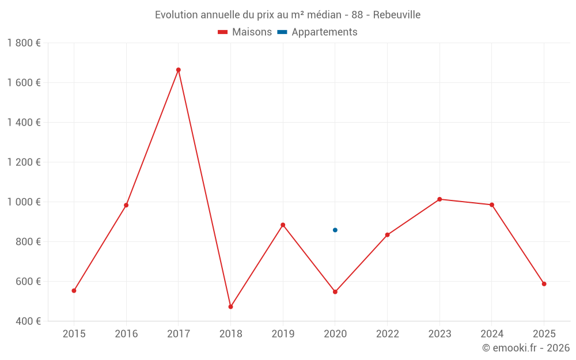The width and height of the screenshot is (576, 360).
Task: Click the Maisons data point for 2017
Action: tap(179, 70)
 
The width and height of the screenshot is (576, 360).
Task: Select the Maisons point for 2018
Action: tap(230, 306)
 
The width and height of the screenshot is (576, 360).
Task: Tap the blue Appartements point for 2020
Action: tap(335, 230)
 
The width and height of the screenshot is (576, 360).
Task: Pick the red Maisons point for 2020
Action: tap(335, 291)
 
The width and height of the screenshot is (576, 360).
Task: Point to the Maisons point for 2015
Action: tap(74, 290)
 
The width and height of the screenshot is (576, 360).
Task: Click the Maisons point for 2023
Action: tap(439, 199)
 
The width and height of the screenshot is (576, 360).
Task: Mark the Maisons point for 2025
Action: tap(544, 283)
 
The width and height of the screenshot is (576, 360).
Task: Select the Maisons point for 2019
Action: tap(283, 225)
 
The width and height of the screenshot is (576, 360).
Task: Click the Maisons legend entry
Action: tap(245, 32)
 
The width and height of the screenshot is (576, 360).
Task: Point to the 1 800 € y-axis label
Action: tap(24, 43)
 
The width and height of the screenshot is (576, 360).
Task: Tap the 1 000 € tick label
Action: tap(24, 202)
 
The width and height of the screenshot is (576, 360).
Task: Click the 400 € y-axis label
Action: tap(27, 321)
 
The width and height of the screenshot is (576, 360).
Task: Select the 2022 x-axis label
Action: tap(387, 334)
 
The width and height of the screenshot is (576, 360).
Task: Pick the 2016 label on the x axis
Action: tap(126, 334)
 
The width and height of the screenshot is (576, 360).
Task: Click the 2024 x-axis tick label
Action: tap(491, 334)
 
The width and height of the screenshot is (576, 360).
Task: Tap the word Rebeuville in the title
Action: tap(397, 14)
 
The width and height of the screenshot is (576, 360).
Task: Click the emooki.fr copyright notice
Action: tap(526, 348)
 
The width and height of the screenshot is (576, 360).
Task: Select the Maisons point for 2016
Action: tap(126, 205)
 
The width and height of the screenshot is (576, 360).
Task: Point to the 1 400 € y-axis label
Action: tap(24, 123)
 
